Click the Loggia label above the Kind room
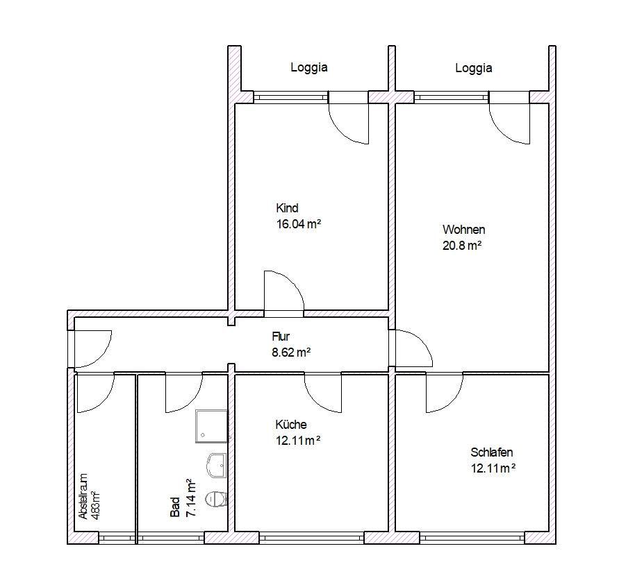[x=308, y=67]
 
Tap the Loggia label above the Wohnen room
[x=473, y=67]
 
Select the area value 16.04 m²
[x=299, y=224]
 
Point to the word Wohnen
[x=463, y=230]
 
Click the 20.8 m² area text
[x=463, y=245]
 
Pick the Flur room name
[x=281, y=337]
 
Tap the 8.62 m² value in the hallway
[x=290, y=352]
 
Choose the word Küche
[x=290, y=425]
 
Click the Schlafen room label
[x=492, y=452]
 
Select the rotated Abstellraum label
[x=83, y=496]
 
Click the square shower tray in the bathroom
[x=212, y=425]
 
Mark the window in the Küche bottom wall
[x=311, y=537]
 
